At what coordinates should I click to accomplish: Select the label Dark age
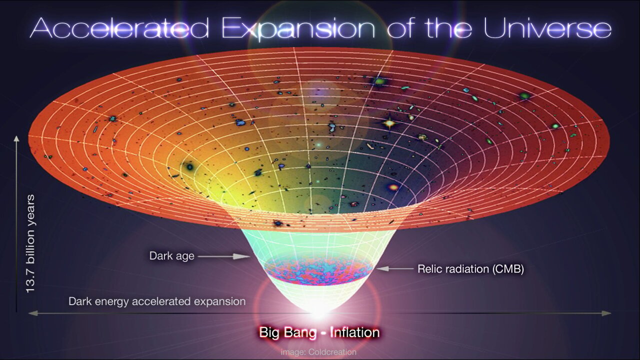point(171,256)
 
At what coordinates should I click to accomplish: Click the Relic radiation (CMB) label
point(470,269)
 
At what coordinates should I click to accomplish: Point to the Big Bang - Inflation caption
point(319,332)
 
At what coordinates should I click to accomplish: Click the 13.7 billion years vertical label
point(31,244)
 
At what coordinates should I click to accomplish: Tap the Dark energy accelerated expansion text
point(157,301)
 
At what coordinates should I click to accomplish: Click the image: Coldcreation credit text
point(318,352)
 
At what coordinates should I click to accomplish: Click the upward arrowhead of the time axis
point(16,138)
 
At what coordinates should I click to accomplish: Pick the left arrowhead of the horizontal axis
point(32,313)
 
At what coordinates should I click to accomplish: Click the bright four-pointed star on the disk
point(389,122)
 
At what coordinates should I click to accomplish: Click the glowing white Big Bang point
point(318,313)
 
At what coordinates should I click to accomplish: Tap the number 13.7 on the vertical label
point(31,282)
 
